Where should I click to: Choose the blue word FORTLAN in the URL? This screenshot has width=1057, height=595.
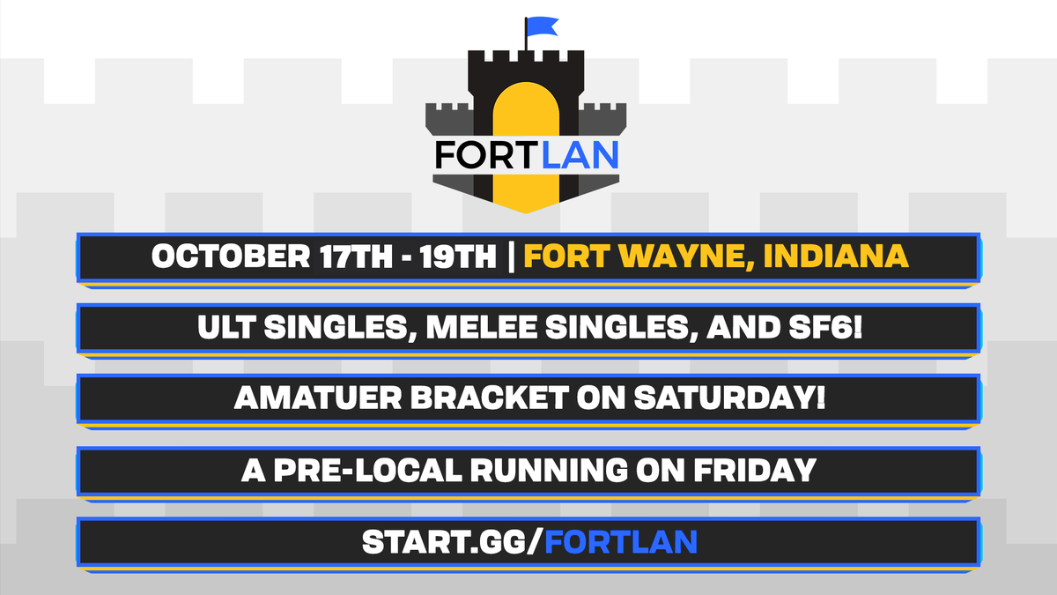621,540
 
